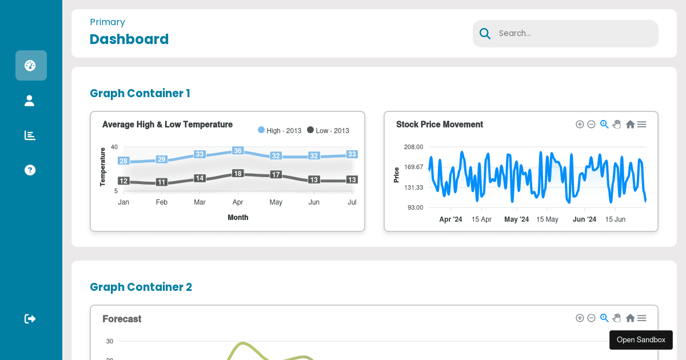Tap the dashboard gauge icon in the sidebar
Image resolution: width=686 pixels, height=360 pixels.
(x=30, y=65)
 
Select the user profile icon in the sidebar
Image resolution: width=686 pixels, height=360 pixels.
(x=30, y=101)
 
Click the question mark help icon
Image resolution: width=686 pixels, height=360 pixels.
(x=30, y=170)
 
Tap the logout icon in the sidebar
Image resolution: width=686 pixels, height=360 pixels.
(x=30, y=318)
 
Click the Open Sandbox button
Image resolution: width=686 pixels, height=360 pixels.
(x=641, y=340)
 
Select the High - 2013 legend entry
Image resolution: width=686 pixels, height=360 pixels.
(x=280, y=130)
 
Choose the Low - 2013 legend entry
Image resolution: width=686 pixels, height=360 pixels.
(x=328, y=130)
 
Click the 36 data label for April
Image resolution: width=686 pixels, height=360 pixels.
(x=238, y=151)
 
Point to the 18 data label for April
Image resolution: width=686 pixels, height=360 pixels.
(x=238, y=173)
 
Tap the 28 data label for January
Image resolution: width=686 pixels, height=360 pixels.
(x=123, y=161)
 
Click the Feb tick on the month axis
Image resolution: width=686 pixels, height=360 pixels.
(x=162, y=202)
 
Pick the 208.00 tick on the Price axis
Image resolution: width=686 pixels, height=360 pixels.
(x=413, y=147)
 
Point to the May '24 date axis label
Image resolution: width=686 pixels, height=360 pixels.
(x=516, y=219)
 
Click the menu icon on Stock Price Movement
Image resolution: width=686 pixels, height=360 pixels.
(x=641, y=124)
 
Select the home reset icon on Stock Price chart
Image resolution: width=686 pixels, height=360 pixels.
(x=630, y=124)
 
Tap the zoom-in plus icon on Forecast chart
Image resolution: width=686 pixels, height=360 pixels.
(x=580, y=318)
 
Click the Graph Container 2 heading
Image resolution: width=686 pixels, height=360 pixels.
(x=141, y=287)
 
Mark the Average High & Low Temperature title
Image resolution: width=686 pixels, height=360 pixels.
(x=167, y=124)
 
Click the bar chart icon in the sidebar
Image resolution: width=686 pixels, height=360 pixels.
(x=30, y=135)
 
